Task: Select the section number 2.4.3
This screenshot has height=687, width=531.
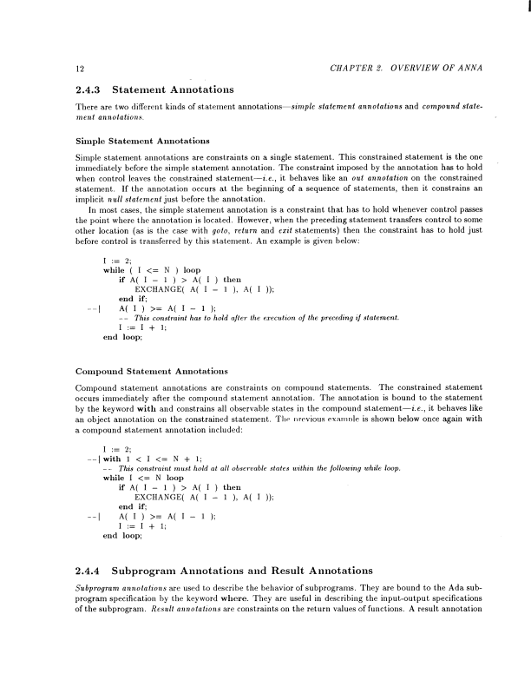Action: pos(85,89)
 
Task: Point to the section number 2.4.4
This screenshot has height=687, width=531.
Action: pos(85,571)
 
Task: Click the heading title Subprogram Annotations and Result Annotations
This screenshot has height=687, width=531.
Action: pos(246,571)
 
